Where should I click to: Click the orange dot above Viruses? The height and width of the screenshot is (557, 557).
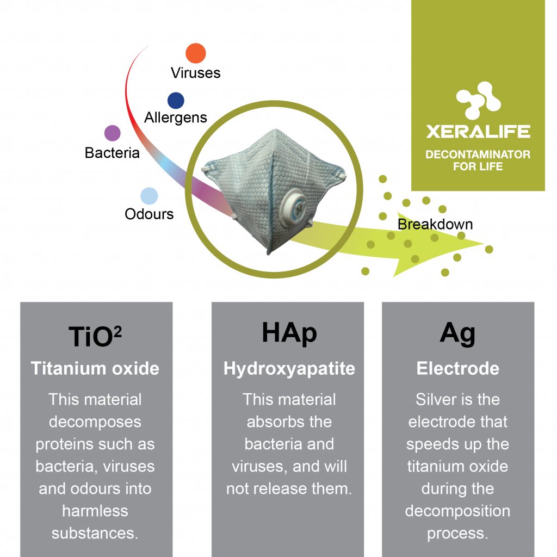pos(196,53)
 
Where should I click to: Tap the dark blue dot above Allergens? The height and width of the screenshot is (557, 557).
pos(176,101)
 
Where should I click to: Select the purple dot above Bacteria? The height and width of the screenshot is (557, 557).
pos(112,133)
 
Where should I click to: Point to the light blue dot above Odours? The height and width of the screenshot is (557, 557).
pos(149,196)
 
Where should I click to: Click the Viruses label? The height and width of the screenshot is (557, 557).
pos(196,73)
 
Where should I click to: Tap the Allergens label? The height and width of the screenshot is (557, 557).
pos(176,118)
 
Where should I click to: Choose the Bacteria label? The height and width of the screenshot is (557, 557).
pos(112,153)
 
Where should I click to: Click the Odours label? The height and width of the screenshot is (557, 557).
pos(149,214)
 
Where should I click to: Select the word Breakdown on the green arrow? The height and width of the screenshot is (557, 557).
pos(435,225)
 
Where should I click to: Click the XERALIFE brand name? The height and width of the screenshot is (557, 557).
pos(478,132)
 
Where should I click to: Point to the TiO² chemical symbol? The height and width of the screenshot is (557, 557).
pos(95,336)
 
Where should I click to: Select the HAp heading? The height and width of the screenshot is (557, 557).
pos(289,333)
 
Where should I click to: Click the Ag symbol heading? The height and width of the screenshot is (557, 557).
pos(457,333)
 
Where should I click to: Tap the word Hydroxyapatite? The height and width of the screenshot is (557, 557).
pos(289,369)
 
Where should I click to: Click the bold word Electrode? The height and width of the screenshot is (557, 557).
pos(458,368)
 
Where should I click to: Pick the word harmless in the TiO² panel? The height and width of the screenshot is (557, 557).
pos(95,511)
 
